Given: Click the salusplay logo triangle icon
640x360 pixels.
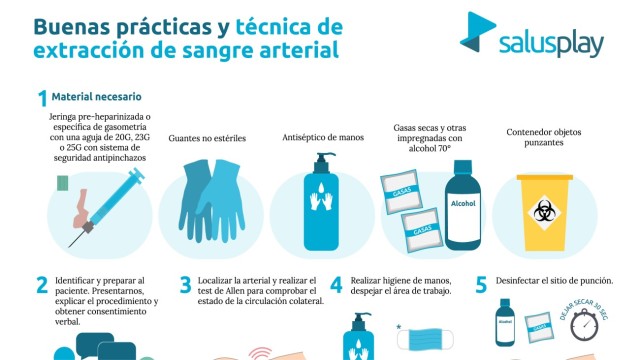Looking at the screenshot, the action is point(477,32).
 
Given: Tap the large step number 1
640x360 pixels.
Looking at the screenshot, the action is point(42,98).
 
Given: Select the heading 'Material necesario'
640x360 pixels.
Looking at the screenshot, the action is point(96,97).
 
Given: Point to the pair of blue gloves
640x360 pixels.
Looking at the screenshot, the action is point(211,200).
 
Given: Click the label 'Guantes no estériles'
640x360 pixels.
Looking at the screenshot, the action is point(207,138).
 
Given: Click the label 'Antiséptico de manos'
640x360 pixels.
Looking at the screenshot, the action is point(323,138).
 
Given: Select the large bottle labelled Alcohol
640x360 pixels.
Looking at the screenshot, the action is point(462,205).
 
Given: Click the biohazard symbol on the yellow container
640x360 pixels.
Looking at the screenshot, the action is point(544,213).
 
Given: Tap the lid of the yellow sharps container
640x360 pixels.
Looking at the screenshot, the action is point(544,178).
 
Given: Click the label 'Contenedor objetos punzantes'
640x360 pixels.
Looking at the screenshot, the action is point(544,137).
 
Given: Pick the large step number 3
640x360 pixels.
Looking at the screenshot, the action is point(185,285).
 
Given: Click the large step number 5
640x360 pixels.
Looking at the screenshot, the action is point(481,285).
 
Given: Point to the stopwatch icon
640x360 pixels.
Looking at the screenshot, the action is point(584,324).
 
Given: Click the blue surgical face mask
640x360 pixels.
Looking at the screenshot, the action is point(425,340).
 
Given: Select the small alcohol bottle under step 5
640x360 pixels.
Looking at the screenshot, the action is point(505,322).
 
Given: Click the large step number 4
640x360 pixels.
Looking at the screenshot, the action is point(336,285).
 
